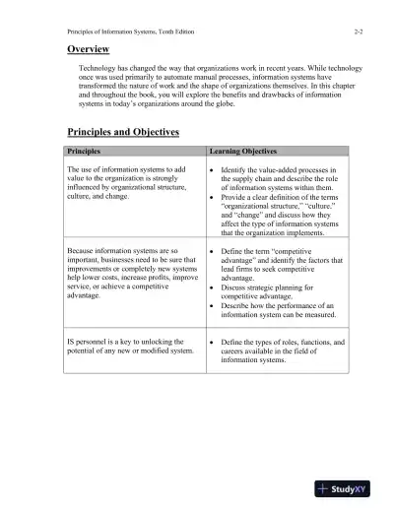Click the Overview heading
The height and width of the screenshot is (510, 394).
point(88,47)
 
